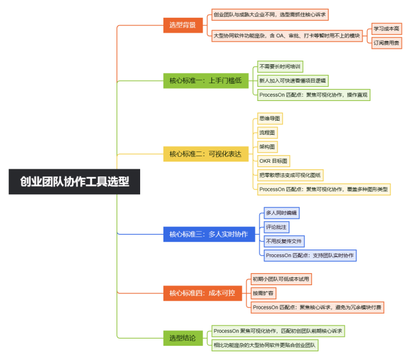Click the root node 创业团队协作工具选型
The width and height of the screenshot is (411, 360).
[x=74, y=182]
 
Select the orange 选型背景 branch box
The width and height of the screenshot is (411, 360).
[x=183, y=25]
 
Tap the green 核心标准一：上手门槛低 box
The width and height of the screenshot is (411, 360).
[x=205, y=81]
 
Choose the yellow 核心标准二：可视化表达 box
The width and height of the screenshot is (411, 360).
[x=205, y=154]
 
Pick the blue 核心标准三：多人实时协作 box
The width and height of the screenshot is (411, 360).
[x=209, y=234]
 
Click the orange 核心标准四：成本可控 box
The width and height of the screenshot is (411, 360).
[x=203, y=293]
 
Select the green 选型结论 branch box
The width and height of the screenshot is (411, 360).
[x=183, y=338]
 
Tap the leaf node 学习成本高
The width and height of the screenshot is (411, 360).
[x=387, y=29]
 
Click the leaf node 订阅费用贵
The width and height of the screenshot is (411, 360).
[x=387, y=43]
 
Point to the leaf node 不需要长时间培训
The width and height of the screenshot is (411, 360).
[x=280, y=67]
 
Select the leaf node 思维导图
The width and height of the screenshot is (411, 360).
[x=270, y=118]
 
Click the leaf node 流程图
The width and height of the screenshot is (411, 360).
[x=267, y=132]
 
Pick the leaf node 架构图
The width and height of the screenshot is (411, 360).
[x=267, y=147]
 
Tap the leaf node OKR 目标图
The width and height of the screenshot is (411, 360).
[x=274, y=161]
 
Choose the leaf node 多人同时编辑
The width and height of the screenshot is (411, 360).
[x=282, y=213]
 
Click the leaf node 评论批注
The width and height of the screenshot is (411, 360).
[x=277, y=227]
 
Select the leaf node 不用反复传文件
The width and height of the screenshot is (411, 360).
[x=284, y=241]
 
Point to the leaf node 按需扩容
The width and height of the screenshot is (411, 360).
[x=264, y=293]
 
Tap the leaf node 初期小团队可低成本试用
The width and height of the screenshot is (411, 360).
[x=282, y=279]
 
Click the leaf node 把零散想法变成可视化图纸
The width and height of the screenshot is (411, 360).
[x=290, y=175]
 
